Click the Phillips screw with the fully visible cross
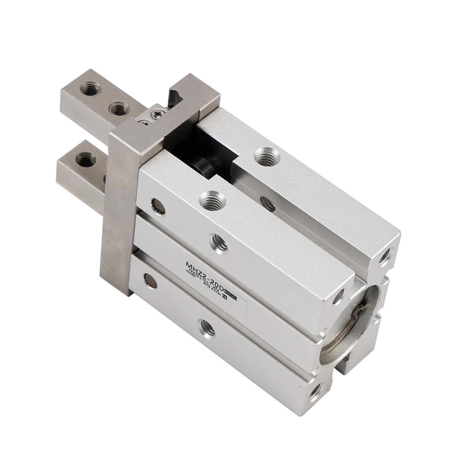coord(157,112)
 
